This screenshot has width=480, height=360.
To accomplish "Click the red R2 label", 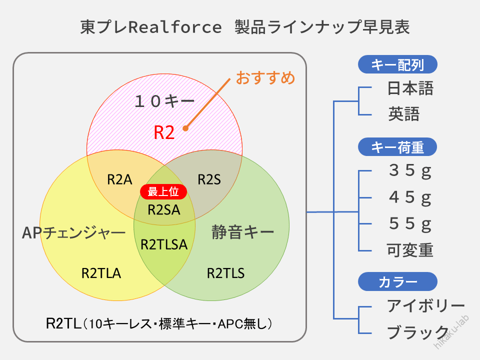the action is (x=164, y=132).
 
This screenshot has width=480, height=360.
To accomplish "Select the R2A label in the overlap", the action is (x=119, y=179).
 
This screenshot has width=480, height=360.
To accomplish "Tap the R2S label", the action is (x=209, y=179).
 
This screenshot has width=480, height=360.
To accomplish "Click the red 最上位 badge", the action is (x=163, y=191).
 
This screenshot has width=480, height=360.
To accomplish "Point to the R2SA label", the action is (x=164, y=210).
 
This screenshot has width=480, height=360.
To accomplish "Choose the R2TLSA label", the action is (x=164, y=244).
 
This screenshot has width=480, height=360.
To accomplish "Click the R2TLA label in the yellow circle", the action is (x=101, y=273).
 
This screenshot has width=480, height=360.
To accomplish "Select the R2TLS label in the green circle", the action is (x=225, y=273).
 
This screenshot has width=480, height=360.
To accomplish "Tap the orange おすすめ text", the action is (x=265, y=78).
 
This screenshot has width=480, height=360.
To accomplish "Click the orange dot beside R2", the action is (x=185, y=128).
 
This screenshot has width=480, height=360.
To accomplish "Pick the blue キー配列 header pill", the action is (x=397, y=64).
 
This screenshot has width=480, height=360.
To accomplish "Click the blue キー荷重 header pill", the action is (x=397, y=147).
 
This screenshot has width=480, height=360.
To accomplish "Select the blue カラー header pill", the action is (x=397, y=281).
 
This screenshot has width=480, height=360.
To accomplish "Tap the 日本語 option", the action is (x=410, y=88).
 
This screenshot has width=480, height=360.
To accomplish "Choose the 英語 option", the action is (x=404, y=114).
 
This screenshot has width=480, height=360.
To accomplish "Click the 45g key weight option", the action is (x=410, y=197).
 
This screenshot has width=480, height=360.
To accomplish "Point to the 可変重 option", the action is (x=410, y=250).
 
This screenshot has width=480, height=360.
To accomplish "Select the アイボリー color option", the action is (x=426, y=306).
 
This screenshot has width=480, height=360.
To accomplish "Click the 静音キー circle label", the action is (x=243, y=232).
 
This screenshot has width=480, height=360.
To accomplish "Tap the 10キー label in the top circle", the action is (x=164, y=101).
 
